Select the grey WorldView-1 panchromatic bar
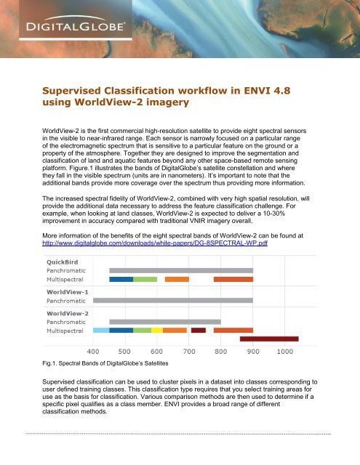(x=173, y=300)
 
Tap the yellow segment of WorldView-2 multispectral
(x=156, y=330)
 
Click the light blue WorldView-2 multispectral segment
(x=101, y=330)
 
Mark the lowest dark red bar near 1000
(x=269, y=339)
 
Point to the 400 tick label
(x=94, y=351)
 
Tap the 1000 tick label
(x=284, y=351)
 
